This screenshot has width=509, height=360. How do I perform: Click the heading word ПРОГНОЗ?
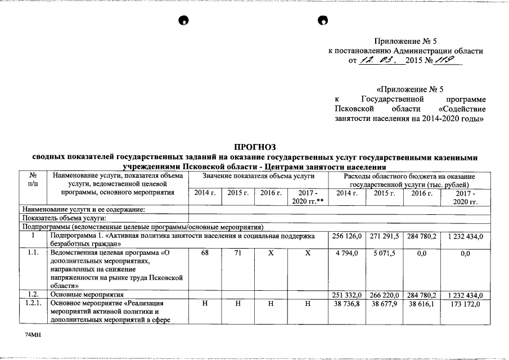click(x=255, y=147)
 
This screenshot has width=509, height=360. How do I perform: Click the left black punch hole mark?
click(x=183, y=21)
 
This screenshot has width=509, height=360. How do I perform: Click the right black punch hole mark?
click(x=322, y=21)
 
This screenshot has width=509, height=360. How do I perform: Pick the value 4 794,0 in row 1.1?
click(x=345, y=254)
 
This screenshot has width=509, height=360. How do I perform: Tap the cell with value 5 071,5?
click(x=384, y=254)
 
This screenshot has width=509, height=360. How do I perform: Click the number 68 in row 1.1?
click(x=205, y=254)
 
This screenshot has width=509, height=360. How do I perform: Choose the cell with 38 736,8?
click(x=345, y=304)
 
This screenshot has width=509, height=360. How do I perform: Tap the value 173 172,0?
click(x=465, y=304)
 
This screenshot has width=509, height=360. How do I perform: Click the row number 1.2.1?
click(x=33, y=304)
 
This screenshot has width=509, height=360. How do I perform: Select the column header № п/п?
click(x=33, y=181)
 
